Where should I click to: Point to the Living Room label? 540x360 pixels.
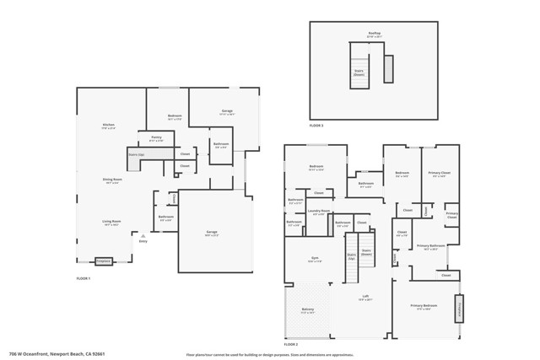111,223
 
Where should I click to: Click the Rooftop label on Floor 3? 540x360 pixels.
375,35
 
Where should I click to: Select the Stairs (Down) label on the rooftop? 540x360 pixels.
359,73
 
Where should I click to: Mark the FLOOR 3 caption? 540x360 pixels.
316,125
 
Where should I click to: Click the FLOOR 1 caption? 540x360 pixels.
83,277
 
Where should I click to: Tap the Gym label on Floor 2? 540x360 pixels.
314,260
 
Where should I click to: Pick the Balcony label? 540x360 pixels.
308,310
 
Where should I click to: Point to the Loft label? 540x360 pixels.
365,297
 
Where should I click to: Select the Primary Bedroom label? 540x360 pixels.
424,306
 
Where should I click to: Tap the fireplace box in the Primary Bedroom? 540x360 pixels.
460,309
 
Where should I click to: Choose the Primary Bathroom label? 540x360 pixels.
430,247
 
